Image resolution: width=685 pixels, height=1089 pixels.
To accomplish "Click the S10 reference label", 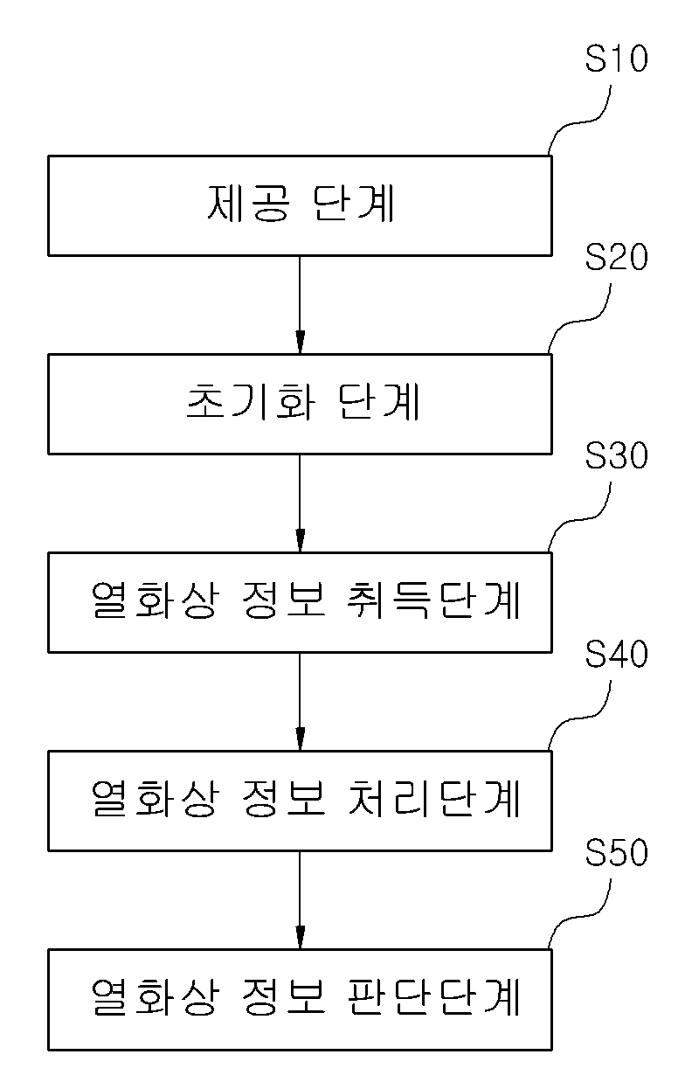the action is (616, 59).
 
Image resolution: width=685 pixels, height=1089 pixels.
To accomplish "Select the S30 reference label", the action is (616, 455).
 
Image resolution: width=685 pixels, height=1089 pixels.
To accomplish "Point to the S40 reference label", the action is (616, 654).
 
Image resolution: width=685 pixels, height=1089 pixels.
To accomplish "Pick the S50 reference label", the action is (616, 852).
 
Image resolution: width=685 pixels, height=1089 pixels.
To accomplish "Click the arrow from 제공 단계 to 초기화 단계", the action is (300, 305).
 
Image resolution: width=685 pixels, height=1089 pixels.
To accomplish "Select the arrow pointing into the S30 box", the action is (300, 503).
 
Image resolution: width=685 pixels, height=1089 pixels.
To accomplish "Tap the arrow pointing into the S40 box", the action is (300, 702).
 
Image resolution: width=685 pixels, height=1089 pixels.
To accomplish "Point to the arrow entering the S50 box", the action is (300, 900).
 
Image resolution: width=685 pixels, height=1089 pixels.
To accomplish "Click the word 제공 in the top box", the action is (249, 204).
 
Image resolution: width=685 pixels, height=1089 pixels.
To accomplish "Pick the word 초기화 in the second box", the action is (252, 402).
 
